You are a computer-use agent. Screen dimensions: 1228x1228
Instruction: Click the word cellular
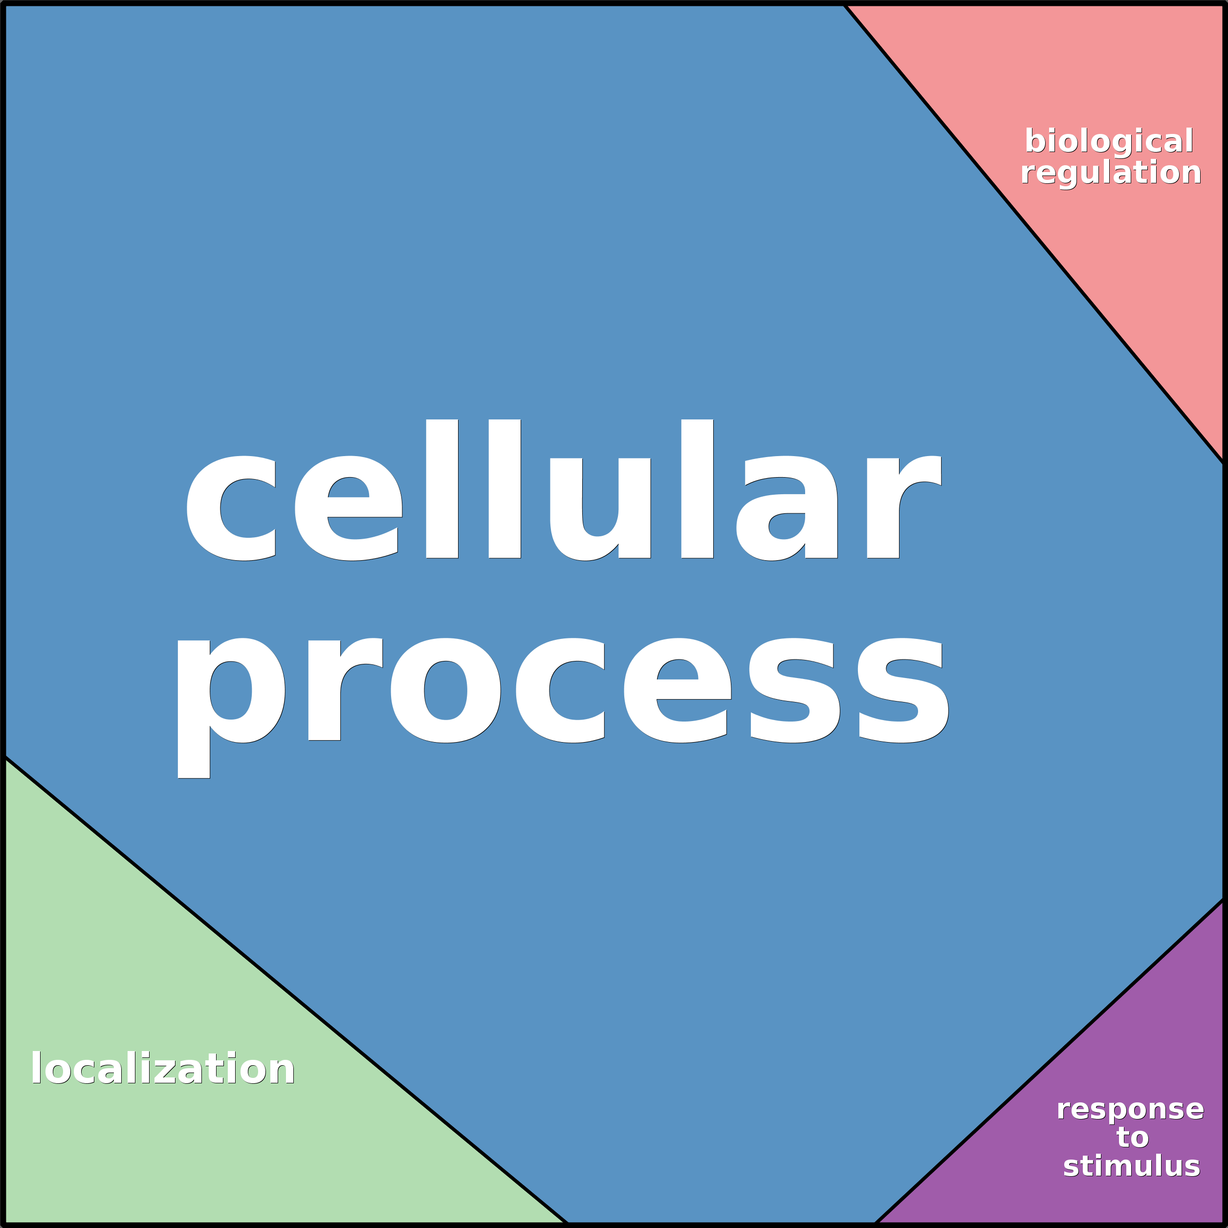[564, 489]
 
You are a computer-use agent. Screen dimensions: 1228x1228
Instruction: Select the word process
[563, 707]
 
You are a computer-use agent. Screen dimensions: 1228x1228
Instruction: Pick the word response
[1130, 1110]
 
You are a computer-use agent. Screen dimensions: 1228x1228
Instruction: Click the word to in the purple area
[1133, 1138]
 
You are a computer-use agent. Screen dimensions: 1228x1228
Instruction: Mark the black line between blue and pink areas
[1034, 233]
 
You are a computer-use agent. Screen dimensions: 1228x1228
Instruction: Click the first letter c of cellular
[231, 508]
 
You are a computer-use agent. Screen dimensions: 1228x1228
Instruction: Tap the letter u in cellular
[600, 509]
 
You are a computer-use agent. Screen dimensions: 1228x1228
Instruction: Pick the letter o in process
[445, 690]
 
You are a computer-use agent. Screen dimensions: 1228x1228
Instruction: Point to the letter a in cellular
[787, 508]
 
